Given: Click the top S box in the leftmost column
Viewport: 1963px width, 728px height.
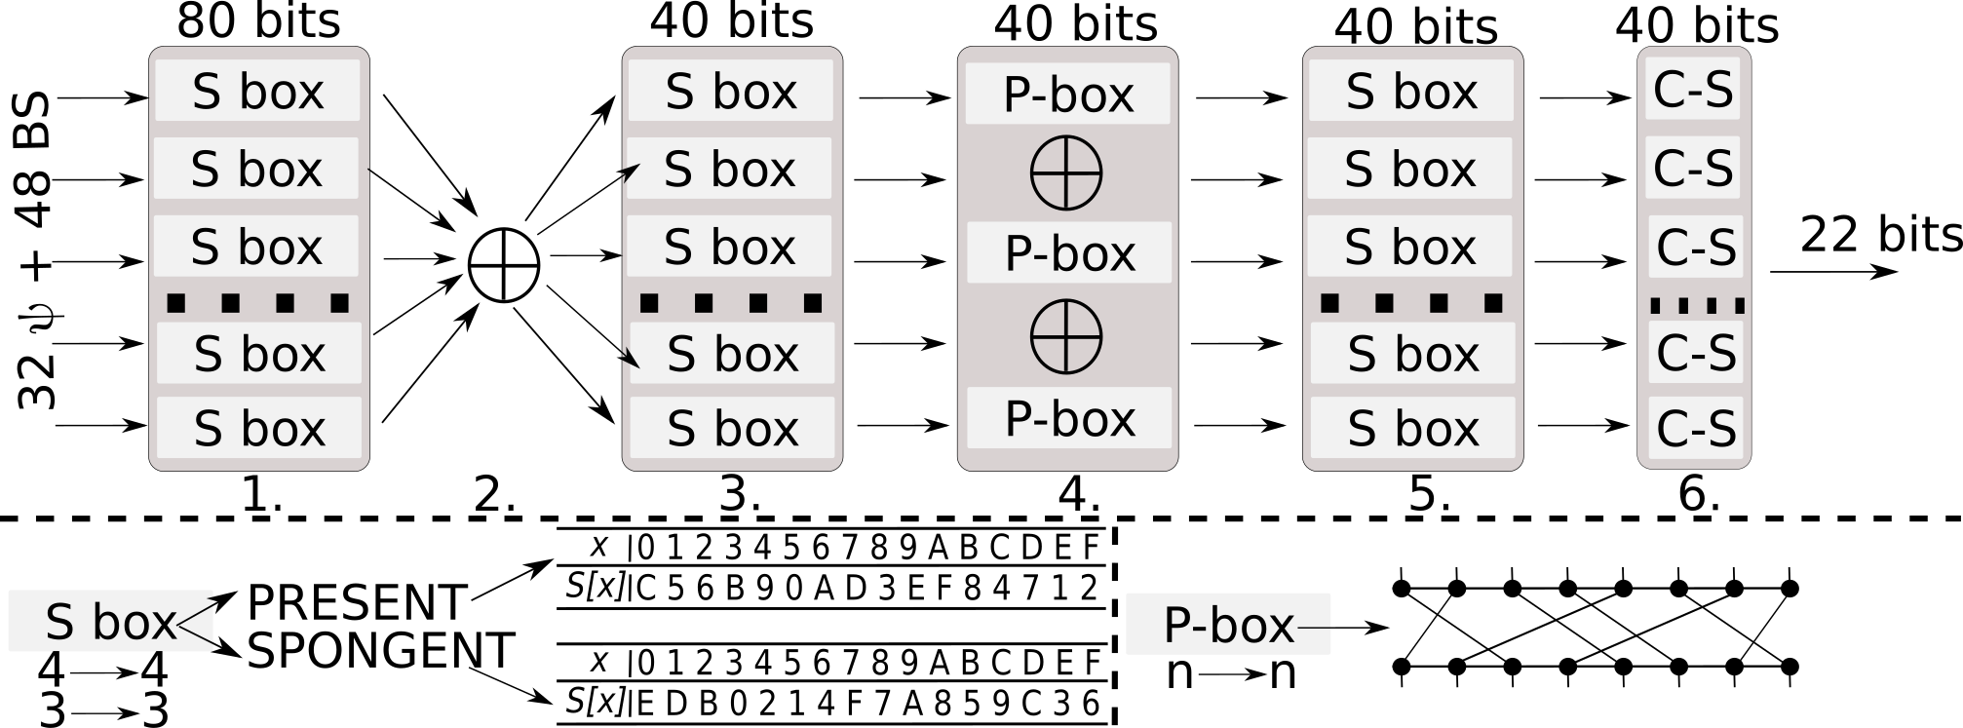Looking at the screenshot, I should pos(257,91).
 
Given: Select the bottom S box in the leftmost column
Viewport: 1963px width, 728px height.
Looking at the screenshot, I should pos(259,428).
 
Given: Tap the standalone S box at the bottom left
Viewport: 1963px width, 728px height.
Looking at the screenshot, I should pos(110,622).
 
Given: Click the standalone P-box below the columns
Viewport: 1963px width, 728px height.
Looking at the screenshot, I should pos(1228,624).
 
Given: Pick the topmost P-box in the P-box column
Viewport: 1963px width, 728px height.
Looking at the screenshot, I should pos(1067,94).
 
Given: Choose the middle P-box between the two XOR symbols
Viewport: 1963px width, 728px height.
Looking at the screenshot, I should pos(1069,252).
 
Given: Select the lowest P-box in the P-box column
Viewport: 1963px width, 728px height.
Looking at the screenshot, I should pos(1069,418).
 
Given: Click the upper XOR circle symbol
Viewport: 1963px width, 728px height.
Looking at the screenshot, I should pos(1066,172).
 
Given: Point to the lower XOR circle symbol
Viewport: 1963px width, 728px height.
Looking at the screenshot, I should pos(1066,336).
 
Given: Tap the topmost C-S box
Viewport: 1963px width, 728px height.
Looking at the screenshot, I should pos(1693,89).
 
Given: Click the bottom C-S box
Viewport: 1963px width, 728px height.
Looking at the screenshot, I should pos(1696,428).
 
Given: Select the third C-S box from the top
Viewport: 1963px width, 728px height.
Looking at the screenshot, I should pos(1696,247).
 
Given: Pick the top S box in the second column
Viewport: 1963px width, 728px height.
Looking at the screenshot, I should pos(730,91).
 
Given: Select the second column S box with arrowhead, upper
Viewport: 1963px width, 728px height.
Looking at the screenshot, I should pos(729,169).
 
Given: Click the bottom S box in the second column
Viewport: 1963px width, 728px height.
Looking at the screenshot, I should pos(732,428).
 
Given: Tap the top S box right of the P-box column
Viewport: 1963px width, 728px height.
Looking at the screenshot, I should pos(1411,91).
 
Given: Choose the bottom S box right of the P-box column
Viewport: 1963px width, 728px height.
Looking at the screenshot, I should pos(1413,428).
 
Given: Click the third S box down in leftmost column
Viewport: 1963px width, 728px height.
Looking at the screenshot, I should pos(255,247).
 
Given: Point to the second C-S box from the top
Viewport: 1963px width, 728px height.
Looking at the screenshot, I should pos(1693,168).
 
